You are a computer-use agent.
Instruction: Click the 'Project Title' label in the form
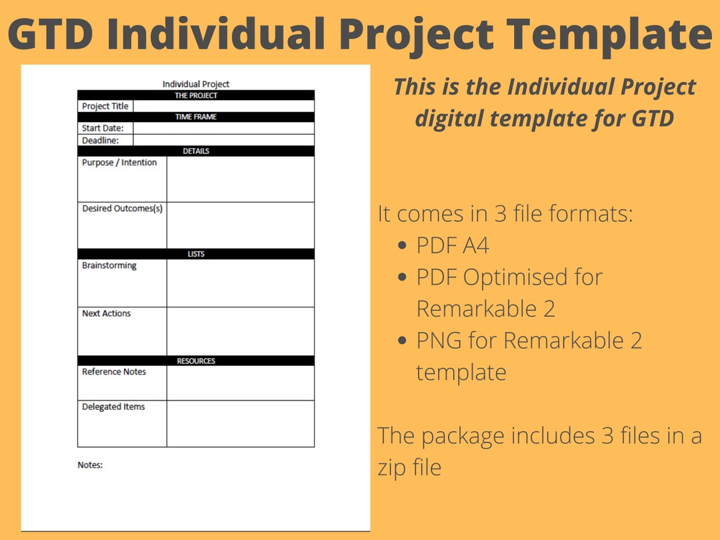(x=105, y=106)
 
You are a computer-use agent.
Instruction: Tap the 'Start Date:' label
(x=103, y=128)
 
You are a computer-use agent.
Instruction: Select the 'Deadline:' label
(x=100, y=141)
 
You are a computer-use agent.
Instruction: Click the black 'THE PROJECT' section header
(x=196, y=95)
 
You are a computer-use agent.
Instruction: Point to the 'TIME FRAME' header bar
(x=196, y=117)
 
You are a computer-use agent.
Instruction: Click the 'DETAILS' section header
(x=196, y=151)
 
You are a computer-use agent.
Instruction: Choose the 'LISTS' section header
(x=196, y=254)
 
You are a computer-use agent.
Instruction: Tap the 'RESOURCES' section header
(x=196, y=361)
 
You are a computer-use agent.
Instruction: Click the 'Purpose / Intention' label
(x=119, y=163)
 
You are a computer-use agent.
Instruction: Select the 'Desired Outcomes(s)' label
(x=122, y=209)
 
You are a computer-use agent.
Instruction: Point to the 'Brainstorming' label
(x=109, y=265)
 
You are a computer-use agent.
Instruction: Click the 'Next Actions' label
(x=107, y=313)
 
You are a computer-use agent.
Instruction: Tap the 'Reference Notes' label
(x=114, y=372)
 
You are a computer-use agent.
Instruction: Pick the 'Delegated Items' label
(x=113, y=407)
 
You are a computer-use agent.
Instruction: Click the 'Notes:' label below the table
(x=90, y=465)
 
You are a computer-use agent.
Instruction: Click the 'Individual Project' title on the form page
(x=196, y=84)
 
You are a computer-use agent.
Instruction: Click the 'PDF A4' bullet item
(x=453, y=246)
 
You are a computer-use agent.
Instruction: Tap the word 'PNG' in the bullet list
(x=439, y=341)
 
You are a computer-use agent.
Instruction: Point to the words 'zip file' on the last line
(x=409, y=467)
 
